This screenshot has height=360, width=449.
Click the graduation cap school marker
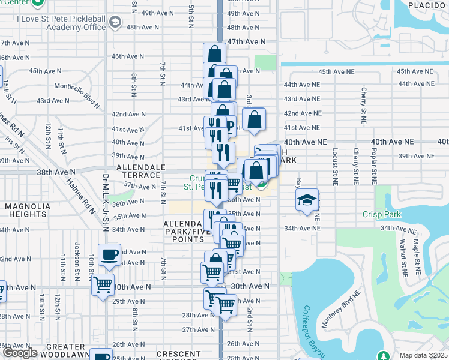(307, 200)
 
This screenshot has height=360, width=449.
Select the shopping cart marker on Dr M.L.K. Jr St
(103, 284)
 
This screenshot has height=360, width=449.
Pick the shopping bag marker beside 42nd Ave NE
(254, 119)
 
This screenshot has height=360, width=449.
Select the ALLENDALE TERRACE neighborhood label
(140, 170)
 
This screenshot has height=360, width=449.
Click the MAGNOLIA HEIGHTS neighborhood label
(26, 210)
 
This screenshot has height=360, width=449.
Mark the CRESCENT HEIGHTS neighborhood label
(178, 355)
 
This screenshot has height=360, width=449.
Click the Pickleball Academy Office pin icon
(115, 23)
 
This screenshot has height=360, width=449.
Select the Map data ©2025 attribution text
(423, 355)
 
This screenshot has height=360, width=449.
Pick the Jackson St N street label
(77, 254)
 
